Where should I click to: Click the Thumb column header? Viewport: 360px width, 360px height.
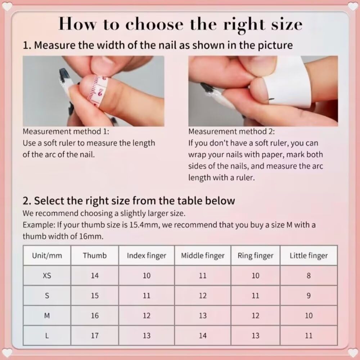tap(95, 256)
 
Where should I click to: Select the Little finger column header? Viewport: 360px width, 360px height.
tap(309, 256)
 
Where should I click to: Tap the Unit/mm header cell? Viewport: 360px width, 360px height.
tap(47, 256)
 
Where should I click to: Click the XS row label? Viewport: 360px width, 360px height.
tap(47, 276)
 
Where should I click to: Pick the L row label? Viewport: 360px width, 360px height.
tap(47, 336)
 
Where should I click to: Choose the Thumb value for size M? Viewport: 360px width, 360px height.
tap(95, 316)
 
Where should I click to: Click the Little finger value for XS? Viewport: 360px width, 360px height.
tap(309, 276)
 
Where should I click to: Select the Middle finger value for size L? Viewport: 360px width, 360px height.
tap(203, 336)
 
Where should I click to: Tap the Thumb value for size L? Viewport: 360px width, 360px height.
tap(95, 336)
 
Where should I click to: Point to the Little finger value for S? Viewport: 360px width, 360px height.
tap(309, 296)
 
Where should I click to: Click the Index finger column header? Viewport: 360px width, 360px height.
tap(147, 256)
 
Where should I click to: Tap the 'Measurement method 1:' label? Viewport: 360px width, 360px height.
tap(66, 132)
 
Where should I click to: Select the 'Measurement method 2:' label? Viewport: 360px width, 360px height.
tap(232, 132)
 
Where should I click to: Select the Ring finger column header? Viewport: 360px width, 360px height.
tap(255, 256)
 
